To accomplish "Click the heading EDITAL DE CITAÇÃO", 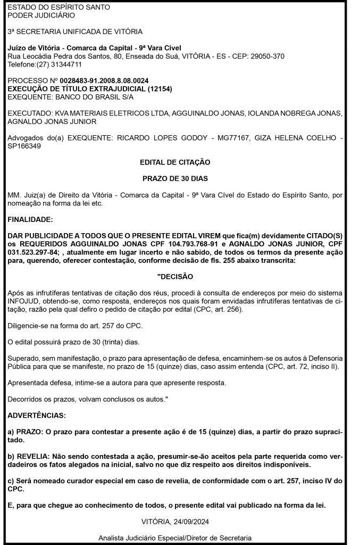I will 174,161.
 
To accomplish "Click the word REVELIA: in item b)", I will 32,457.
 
